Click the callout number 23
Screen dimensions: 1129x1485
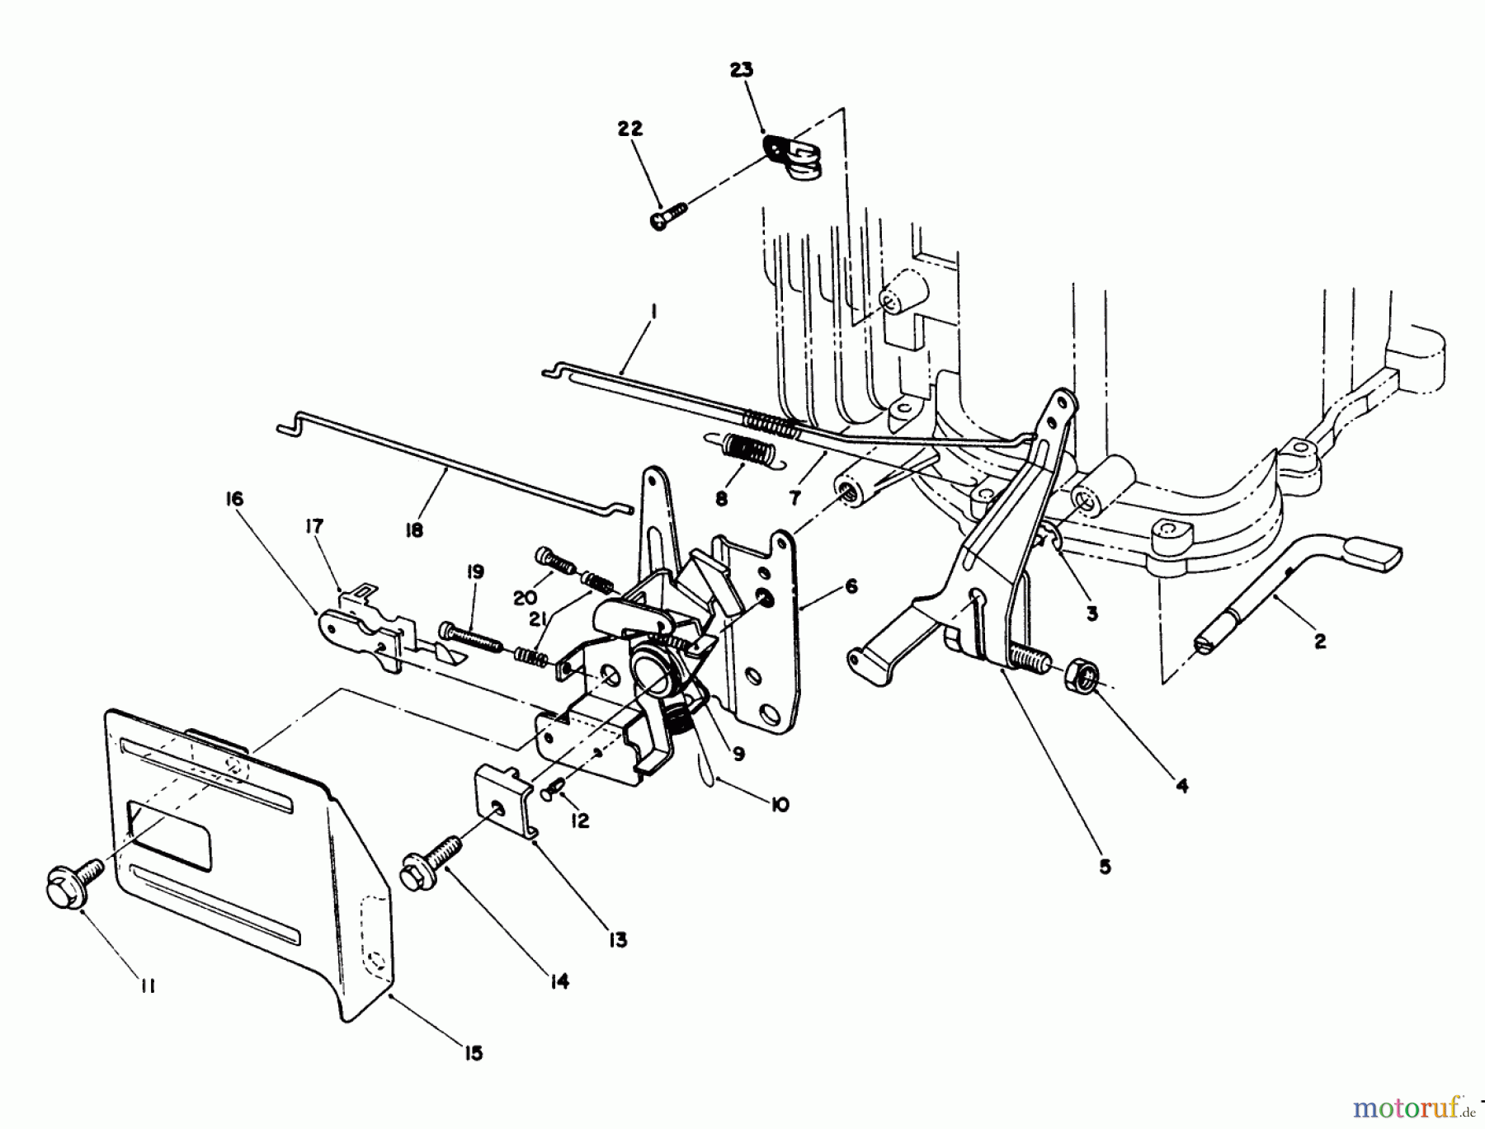click(742, 70)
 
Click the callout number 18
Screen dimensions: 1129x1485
click(414, 529)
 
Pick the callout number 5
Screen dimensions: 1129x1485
click(1105, 866)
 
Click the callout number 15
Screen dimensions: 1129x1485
click(473, 1053)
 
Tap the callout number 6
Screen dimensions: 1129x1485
click(851, 586)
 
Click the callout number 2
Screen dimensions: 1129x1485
click(1320, 641)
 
